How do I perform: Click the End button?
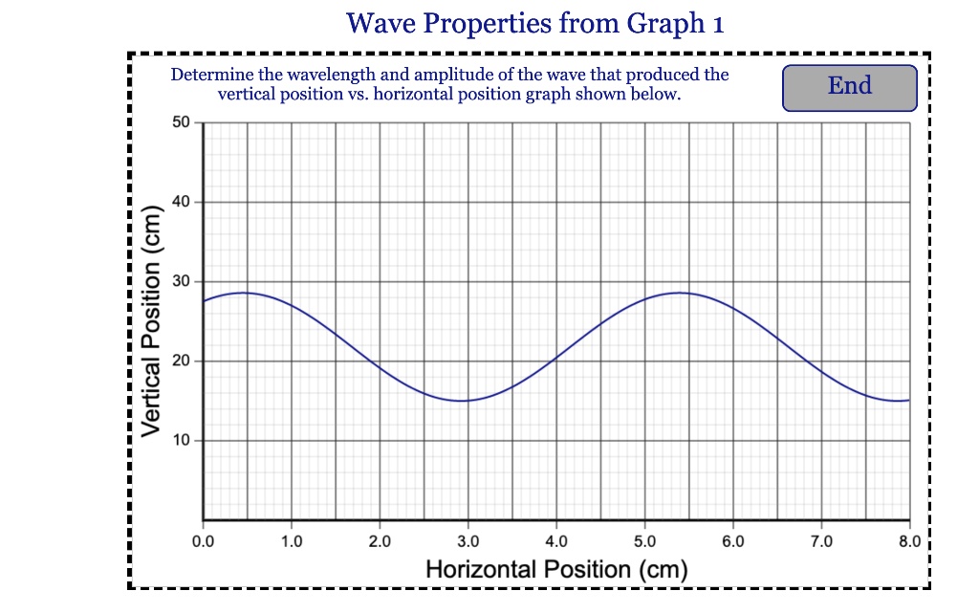click(x=849, y=87)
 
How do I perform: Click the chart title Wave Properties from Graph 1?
click(x=535, y=23)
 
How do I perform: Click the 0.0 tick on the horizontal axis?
click(x=203, y=542)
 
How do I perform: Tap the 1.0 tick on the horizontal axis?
click(x=292, y=542)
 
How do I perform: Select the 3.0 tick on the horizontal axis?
click(x=468, y=542)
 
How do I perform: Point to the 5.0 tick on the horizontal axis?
click(x=644, y=542)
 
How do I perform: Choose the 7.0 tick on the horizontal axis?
click(x=821, y=542)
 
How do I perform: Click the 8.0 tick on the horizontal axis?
click(x=909, y=542)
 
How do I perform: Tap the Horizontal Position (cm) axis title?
click(x=556, y=570)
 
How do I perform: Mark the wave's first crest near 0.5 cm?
click(x=245, y=293)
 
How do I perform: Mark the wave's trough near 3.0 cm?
click(x=463, y=401)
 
